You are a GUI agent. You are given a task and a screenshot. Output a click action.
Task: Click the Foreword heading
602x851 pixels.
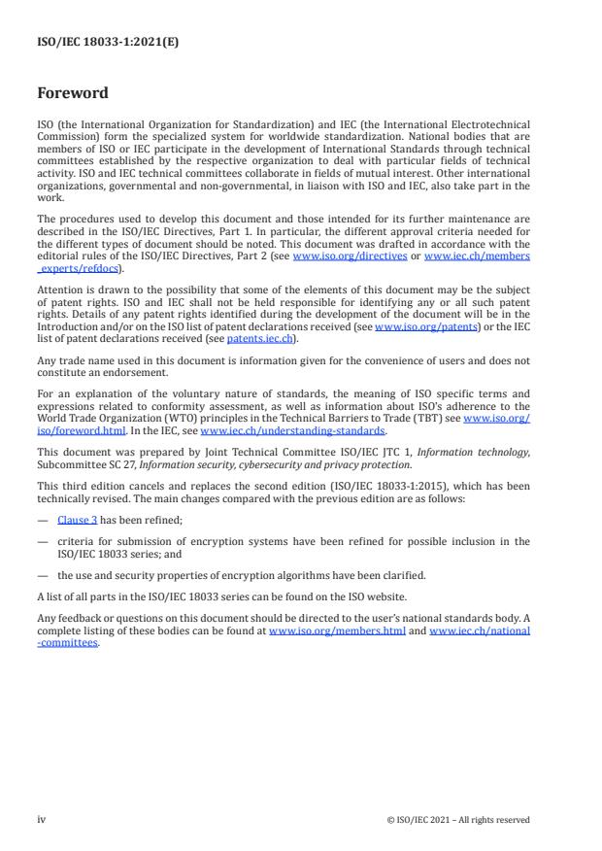tap(73, 94)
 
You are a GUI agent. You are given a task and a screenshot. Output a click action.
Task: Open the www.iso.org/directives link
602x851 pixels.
tap(336, 256)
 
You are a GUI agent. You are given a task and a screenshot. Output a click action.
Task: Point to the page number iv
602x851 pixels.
tap(42, 819)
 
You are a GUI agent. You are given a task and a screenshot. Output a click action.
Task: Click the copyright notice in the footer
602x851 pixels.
tap(457, 820)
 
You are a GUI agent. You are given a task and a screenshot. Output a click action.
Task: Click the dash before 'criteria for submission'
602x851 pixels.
tap(42, 539)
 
